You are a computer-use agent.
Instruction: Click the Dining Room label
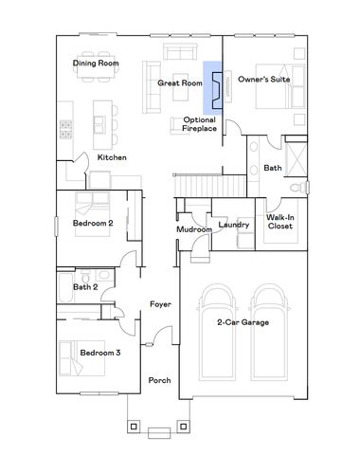(95, 64)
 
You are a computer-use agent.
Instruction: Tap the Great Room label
(180, 83)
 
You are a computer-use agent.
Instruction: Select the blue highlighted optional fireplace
(212, 88)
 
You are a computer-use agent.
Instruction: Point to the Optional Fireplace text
(199, 123)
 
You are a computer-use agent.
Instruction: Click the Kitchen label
(112, 156)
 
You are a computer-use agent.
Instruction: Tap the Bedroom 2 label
(93, 224)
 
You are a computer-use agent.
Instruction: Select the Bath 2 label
(85, 286)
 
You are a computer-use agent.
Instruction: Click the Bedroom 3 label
(99, 353)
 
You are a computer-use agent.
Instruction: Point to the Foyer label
(159, 304)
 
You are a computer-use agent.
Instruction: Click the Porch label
(159, 380)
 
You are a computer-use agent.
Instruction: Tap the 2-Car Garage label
(243, 323)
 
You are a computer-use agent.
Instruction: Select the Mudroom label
(193, 230)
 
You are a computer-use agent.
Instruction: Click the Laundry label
(233, 225)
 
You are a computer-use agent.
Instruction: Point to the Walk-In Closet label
(278, 222)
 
